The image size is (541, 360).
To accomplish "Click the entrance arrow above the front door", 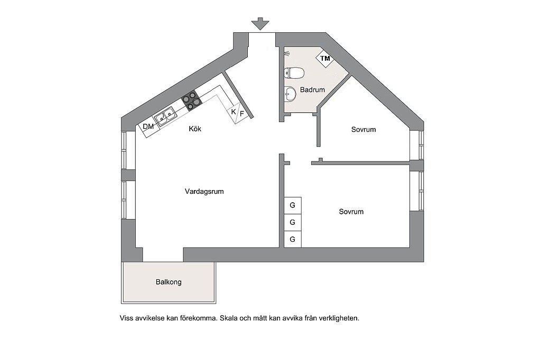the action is [x=260, y=24].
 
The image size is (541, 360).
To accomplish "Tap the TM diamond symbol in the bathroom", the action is [x=325, y=58].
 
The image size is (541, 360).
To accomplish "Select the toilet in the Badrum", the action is [x=294, y=73].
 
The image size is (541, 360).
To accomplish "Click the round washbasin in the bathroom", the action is [x=290, y=94].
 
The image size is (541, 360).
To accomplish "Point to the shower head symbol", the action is [x=287, y=53].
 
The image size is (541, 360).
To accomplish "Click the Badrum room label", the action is [x=312, y=90].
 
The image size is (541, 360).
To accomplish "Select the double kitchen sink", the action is [x=165, y=116].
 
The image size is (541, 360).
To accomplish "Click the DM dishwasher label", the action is [x=148, y=127].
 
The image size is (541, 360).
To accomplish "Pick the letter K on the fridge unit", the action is [x=234, y=112].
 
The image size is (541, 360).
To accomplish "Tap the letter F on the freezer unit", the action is [x=242, y=113].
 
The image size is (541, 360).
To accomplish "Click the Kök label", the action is [x=195, y=129].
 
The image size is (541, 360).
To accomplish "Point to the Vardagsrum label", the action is [x=204, y=192].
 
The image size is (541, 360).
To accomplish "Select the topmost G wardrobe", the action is [x=293, y=205].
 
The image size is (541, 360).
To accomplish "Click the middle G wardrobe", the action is [x=293, y=222].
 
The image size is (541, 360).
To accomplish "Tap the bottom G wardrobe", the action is [x=293, y=239].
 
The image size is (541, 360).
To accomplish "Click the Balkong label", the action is [x=169, y=282].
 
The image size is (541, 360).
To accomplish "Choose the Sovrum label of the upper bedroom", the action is [x=363, y=130].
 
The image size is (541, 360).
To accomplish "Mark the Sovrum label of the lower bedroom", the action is [x=351, y=212].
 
